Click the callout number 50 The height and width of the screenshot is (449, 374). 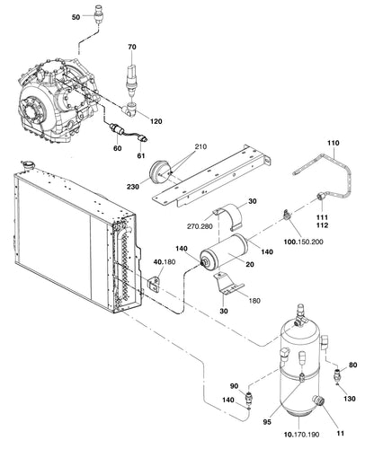click(x=76, y=17)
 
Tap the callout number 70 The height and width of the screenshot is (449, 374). click(x=132, y=47)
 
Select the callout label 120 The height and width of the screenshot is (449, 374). click(x=156, y=121)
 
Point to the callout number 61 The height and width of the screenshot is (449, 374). click(x=141, y=155)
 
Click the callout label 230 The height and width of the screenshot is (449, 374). click(x=133, y=187)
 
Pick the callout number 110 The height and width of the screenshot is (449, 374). click(x=334, y=143)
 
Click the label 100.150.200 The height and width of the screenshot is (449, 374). click(x=304, y=242)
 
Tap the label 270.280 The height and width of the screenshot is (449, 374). click(x=200, y=226)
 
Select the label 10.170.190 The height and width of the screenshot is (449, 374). click(x=302, y=435)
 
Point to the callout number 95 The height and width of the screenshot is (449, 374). click(x=267, y=422)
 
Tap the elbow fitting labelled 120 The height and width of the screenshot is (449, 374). click(x=129, y=109)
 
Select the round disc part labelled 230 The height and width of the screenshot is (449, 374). click(x=159, y=172)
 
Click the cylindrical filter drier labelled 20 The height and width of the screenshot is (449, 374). click(x=224, y=250)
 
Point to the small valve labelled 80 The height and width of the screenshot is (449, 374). click(x=337, y=375)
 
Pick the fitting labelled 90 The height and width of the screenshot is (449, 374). click(x=248, y=398)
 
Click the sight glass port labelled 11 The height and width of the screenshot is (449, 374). click(x=318, y=401)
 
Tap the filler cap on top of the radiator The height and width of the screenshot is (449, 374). click(x=29, y=165)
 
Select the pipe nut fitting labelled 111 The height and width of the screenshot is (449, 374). click(x=321, y=198)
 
